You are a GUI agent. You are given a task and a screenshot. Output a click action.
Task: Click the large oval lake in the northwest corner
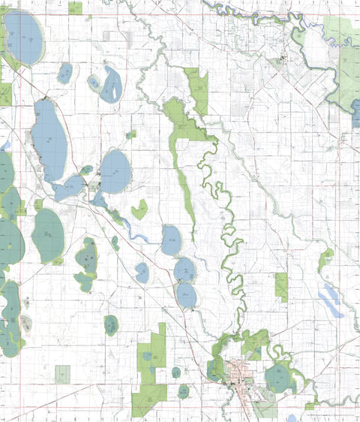tap(24, 38)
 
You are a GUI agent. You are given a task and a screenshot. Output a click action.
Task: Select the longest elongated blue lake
tap(49, 139)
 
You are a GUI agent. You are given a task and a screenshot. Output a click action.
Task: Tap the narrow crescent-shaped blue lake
tap(112, 84)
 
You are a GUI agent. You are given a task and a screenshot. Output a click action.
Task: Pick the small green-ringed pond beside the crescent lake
tap(94, 83)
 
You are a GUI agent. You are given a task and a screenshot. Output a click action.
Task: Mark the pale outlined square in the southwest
tap(62, 374)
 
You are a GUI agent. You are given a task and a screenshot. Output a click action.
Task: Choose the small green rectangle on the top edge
tap(75, 8)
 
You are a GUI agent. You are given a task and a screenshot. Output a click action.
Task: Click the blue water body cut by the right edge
tap(355, 113)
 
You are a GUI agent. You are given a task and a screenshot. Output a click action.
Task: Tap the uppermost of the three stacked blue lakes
tap(171, 240)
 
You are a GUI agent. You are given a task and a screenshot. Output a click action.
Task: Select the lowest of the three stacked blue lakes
tap(186, 295)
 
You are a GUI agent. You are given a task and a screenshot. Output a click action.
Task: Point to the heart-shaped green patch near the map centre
tap(139, 211)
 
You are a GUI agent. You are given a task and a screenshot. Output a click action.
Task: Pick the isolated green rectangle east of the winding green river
tap(280, 286)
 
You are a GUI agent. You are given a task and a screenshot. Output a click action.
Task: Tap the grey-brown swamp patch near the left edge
tap(25, 324)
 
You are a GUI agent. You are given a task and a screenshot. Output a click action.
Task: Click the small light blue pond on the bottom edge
tap(292, 417)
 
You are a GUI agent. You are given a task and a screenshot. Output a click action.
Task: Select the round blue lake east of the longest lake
tap(115, 170)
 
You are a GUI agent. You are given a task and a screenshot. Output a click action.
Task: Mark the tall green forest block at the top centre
tap(196, 90)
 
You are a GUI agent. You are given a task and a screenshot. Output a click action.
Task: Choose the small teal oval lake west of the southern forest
tap(111, 324)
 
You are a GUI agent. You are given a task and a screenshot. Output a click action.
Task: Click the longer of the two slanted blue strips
tap(330, 300)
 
